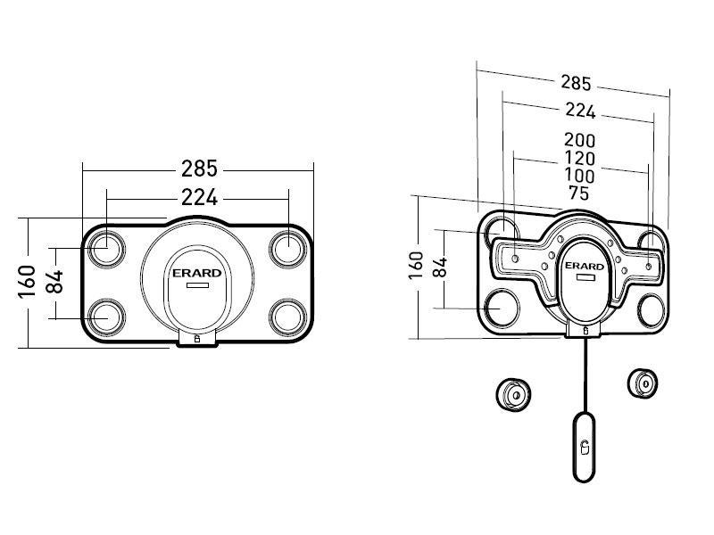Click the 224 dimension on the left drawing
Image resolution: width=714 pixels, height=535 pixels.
pos(199,198)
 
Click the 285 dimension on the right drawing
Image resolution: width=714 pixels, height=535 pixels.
pos(576,83)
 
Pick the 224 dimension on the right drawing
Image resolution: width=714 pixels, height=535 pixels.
pos(580,111)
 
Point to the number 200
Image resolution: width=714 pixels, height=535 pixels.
pos(579,140)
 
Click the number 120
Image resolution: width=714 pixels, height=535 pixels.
pos(579,159)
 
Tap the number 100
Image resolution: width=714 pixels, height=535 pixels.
pos(579,176)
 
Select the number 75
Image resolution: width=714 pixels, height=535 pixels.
pos(579,193)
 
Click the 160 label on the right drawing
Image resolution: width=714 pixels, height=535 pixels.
pos(415,266)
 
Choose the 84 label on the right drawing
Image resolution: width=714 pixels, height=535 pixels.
pos(439,266)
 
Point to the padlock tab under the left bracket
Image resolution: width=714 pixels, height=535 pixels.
pos(198,338)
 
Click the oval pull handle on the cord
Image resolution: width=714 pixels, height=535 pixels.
pos(583,446)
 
